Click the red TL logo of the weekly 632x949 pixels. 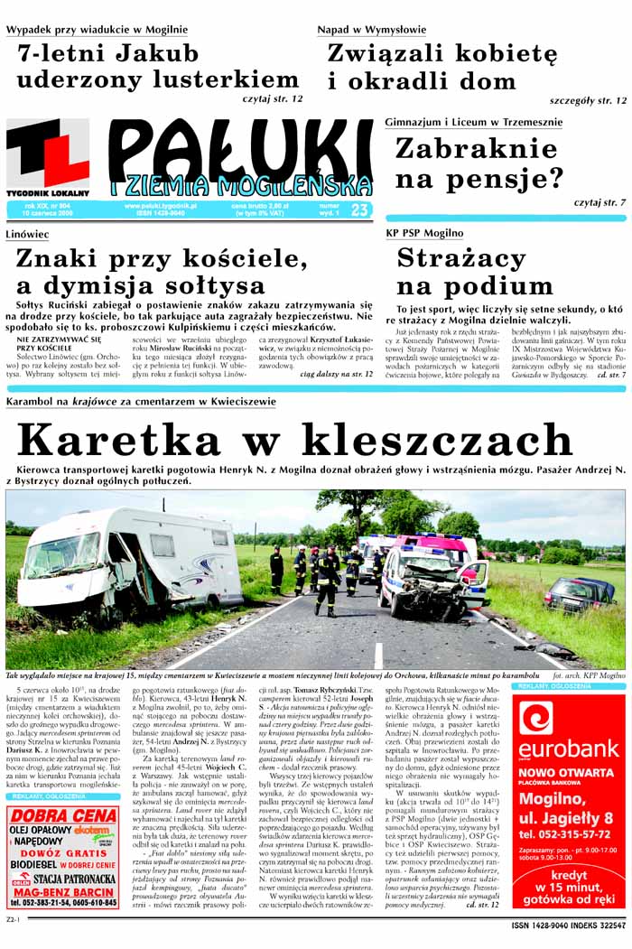[48, 154]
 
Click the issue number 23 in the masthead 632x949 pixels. [359, 209]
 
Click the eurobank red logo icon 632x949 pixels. [535, 719]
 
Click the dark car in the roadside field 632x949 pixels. [579, 593]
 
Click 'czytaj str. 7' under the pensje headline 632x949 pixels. [599, 203]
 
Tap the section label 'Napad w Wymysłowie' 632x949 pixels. [371, 30]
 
